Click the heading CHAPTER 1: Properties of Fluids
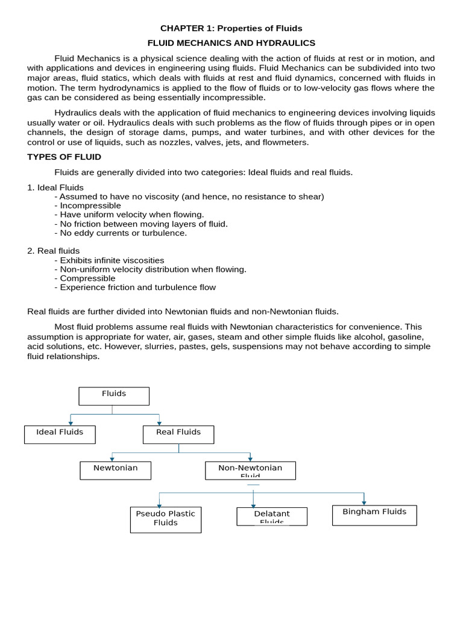click(231, 28)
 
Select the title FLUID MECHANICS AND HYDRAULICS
click(231, 43)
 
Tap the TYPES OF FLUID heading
click(65, 157)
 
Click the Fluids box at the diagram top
click(114, 396)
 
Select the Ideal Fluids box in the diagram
click(60, 434)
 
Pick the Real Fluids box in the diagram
click(178, 434)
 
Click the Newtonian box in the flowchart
click(115, 471)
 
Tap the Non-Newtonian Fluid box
click(250, 471)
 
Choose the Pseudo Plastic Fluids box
click(165, 519)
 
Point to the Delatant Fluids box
click(271, 516)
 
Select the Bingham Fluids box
click(374, 515)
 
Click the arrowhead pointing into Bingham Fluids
click(364, 503)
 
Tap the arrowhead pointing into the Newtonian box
click(112, 459)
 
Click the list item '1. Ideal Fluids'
click(55, 187)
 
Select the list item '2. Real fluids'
click(54, 251)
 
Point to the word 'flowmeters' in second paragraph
click(287, 142)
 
